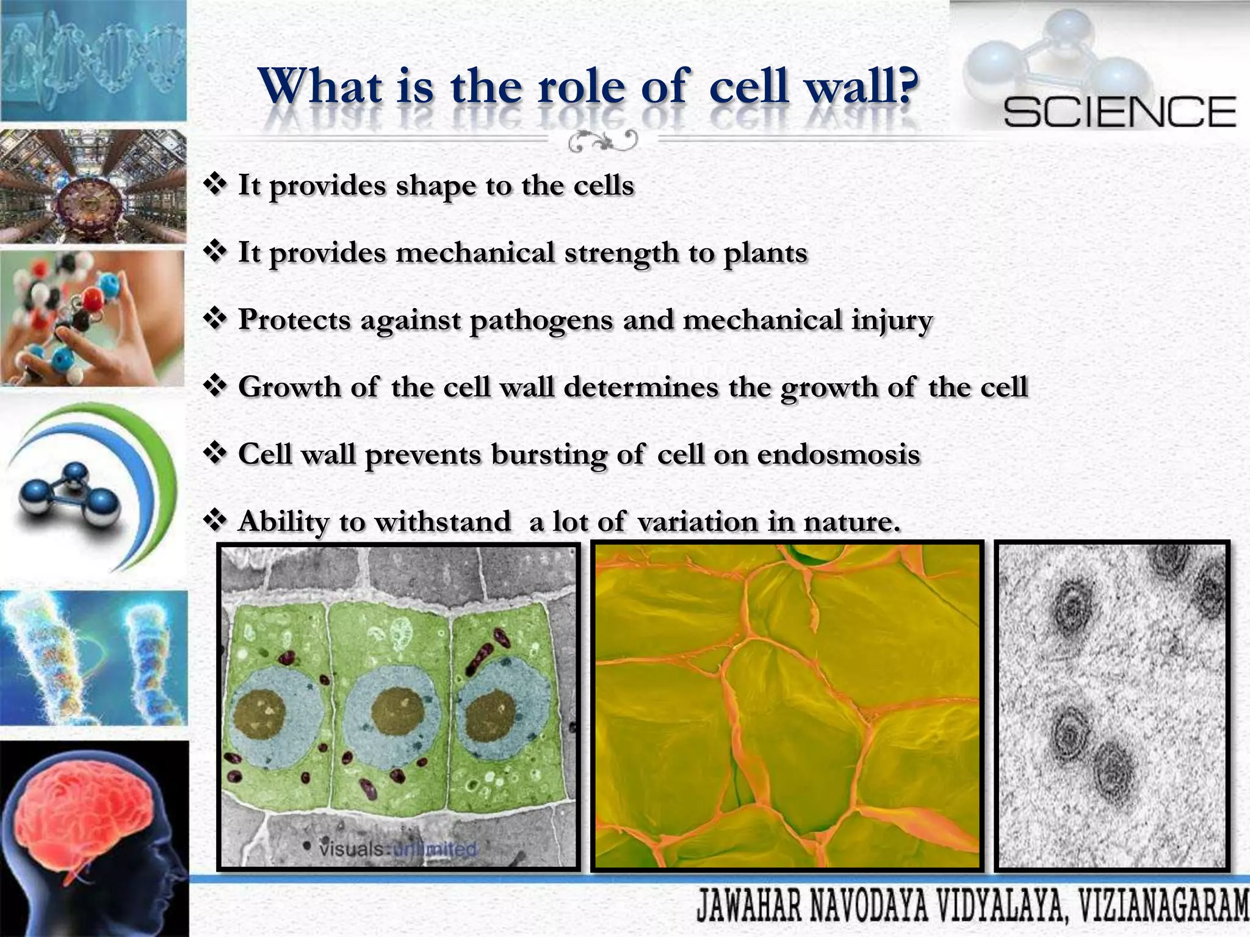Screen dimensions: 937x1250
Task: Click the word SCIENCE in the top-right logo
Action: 1119,112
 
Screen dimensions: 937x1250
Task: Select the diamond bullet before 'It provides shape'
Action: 215,184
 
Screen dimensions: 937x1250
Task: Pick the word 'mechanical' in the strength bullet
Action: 475,253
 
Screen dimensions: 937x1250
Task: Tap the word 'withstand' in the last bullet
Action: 443,522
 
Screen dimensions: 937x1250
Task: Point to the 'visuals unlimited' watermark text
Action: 397,849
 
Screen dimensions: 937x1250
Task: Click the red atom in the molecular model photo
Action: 93,300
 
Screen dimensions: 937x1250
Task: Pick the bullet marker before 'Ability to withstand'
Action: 215,521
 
